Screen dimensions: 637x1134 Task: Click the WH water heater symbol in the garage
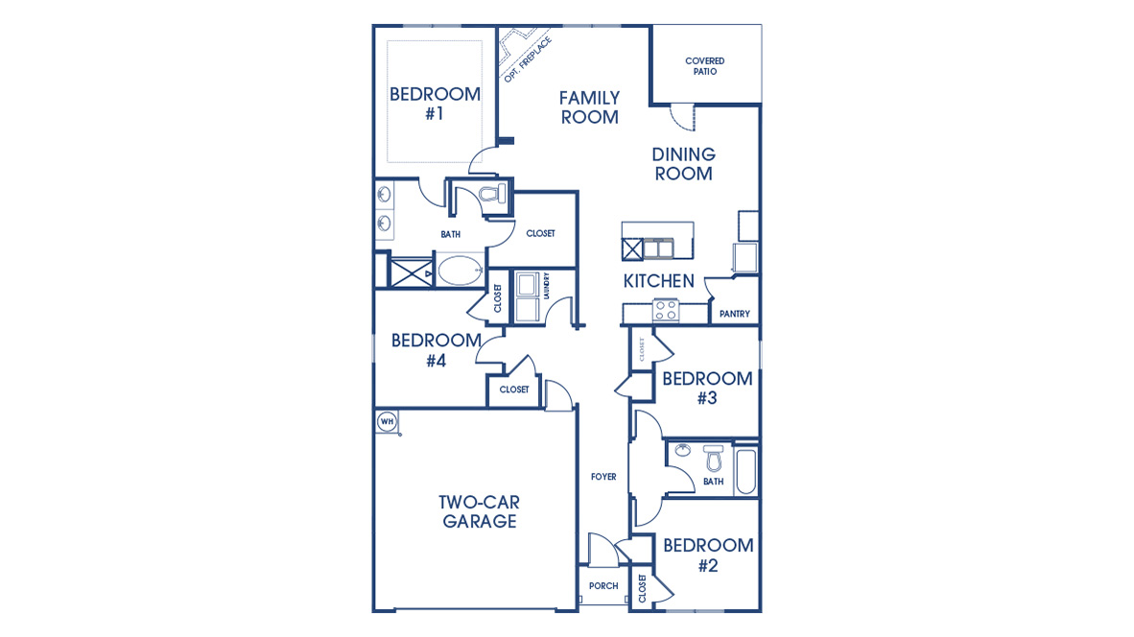coord(387,421)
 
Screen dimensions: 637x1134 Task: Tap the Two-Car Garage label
coord(479,511)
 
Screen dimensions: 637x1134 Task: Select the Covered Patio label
coord(704,66)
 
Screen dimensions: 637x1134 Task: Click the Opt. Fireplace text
coord(528,59)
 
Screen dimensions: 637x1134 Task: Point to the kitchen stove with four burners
coord(666,310)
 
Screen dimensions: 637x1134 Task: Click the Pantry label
coord(734,314)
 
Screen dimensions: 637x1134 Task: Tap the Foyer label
coord(603,477)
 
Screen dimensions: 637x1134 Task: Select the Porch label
coord(603,586)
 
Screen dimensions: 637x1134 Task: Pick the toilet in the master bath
coord(491,196)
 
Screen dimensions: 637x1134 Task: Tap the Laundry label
coord(546,287)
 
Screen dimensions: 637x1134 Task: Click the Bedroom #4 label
coord(436,350)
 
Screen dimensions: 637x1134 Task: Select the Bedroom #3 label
coord(707,388)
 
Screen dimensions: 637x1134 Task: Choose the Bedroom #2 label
coord(707,555)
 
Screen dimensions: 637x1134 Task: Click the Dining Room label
coord(683,164)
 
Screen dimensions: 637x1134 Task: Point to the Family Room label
coord(589,107)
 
